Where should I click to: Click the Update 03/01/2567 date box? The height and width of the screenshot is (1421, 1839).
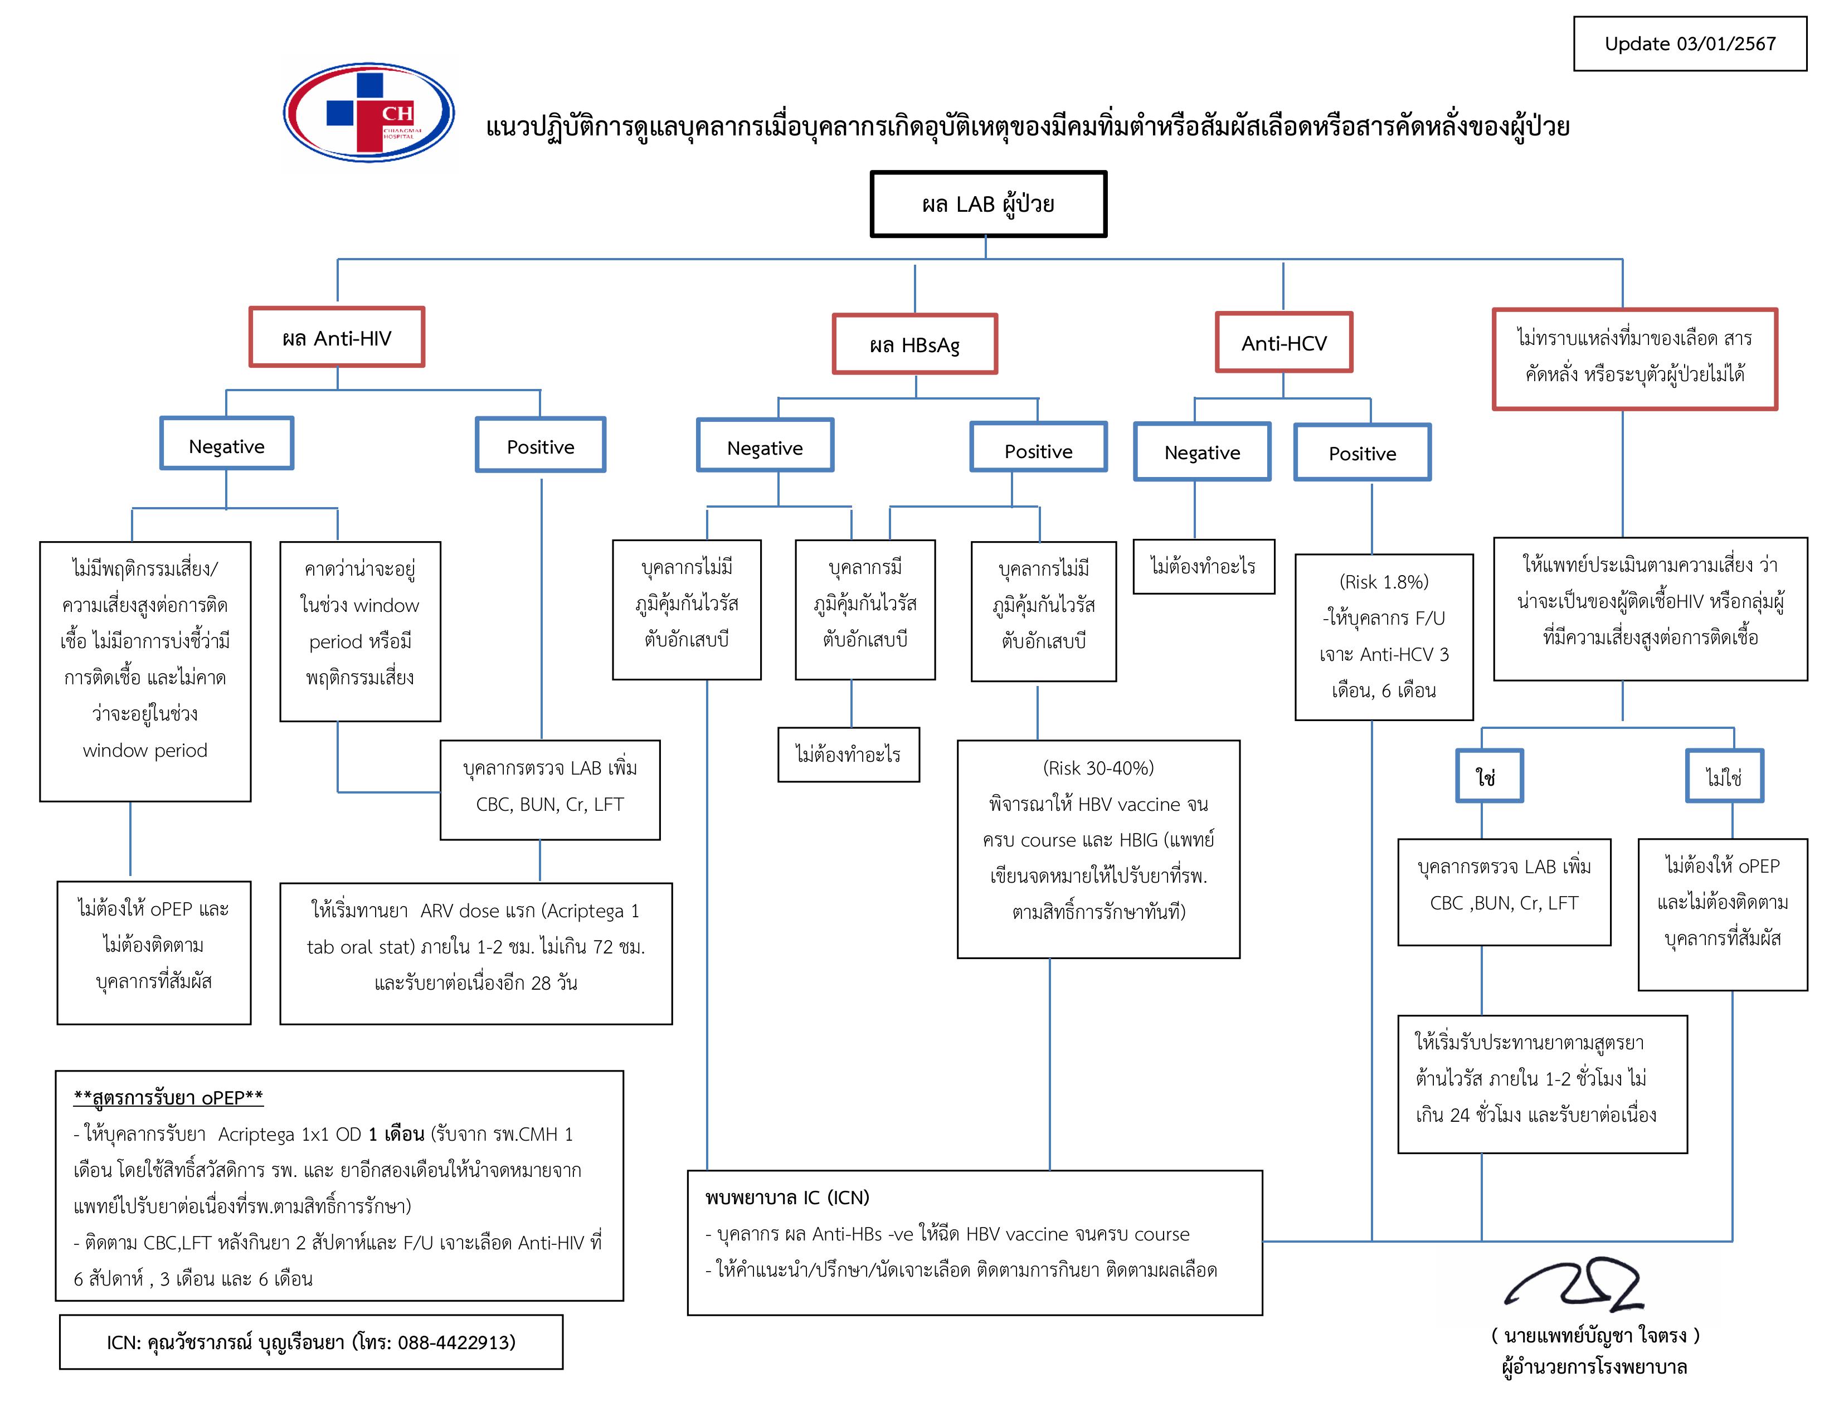tap(1689, 44)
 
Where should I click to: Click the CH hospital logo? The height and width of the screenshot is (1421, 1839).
tap(369, 112)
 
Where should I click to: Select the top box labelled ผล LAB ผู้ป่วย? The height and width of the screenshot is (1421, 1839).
tap(987, 205)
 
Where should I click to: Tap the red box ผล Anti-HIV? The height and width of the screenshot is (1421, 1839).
tap(337, 338)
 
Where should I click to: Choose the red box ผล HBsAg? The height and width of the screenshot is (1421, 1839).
tap(914, 344)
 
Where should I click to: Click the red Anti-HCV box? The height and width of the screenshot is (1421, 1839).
tap(1283, 343)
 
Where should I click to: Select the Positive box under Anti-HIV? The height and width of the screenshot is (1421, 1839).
tap(541, 446)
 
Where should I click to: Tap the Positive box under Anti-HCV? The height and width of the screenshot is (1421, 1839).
tap(1361, 453)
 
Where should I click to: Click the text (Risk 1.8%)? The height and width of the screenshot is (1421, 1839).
tap(1384, 582)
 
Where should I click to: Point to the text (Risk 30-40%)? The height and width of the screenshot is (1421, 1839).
tap(1098, 768)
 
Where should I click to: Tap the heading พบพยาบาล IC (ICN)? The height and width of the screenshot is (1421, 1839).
tap(787, 1197)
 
